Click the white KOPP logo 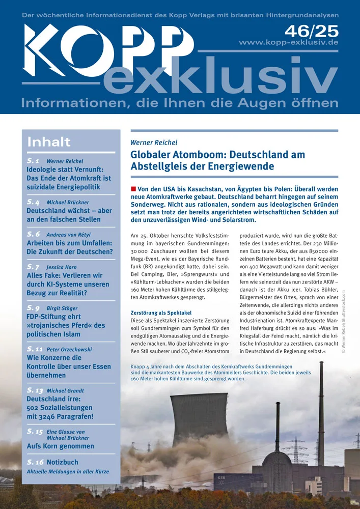107,48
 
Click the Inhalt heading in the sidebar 49,142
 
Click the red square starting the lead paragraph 133,189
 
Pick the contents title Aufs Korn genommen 60,446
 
